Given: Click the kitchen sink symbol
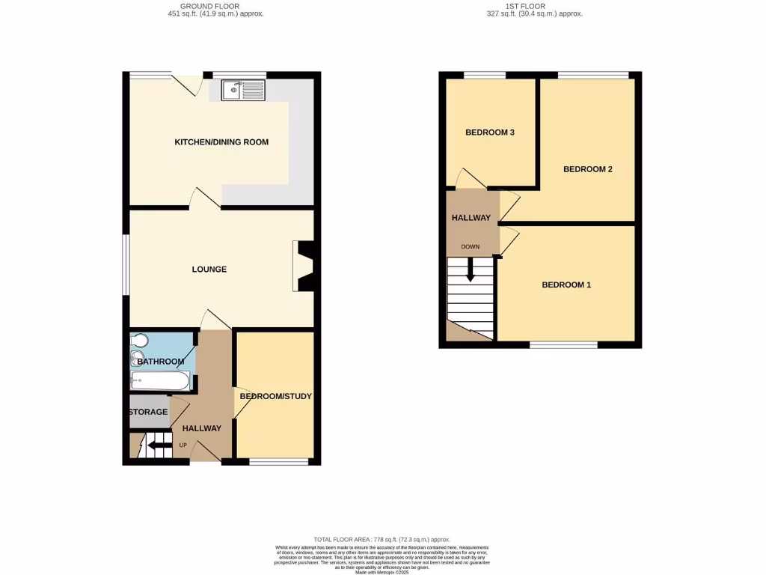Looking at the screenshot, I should [x=243, y=90].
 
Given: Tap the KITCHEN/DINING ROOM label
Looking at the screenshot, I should [x=221, y=142].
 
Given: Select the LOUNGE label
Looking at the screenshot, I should [x=209, y=270].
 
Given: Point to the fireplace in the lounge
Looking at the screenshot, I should [x=305, y=266].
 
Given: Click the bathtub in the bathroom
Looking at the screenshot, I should [x=159, y=382].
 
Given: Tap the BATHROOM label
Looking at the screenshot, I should [x=160, y=362].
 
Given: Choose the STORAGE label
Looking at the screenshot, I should [x=148, y=413].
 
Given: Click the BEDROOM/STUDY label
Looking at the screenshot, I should [x=275, y=396].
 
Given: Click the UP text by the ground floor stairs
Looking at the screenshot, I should [x=183, y=446].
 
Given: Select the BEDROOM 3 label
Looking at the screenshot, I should [x=490, y=133].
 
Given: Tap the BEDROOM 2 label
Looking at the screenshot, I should [x=588, y=169].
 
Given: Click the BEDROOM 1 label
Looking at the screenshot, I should [x=566, y=285].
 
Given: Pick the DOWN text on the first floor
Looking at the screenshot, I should [x=471, y=247].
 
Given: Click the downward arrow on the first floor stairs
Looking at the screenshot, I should [x=471, y=270].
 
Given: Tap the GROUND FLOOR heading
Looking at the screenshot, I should [x=215, y=6].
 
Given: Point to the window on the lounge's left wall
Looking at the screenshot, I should [x=126, y=266].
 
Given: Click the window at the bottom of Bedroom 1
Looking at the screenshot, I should [x=564, y=345].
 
